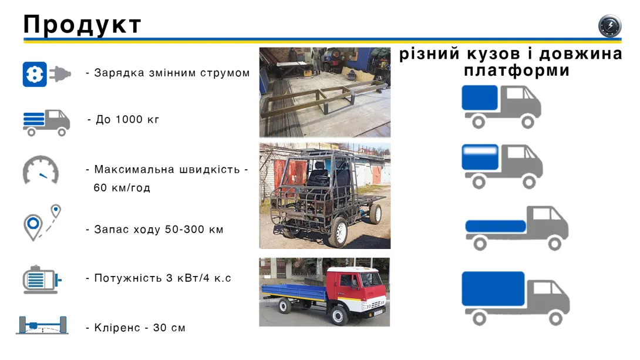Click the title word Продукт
click(82, 25)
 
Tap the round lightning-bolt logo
click(609, 26)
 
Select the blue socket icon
click(35, 74)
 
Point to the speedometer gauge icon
click(41, 170)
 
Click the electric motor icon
click(41, 279)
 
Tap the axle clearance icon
click(42, 325)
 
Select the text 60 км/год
click(122, 188)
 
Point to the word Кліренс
click(116, 328)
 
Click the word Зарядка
click(114, 73)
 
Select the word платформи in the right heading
click(517, 70)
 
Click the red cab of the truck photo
click(358, 288)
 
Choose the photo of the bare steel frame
click(325, 92)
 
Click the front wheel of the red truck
click(339, 316)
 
